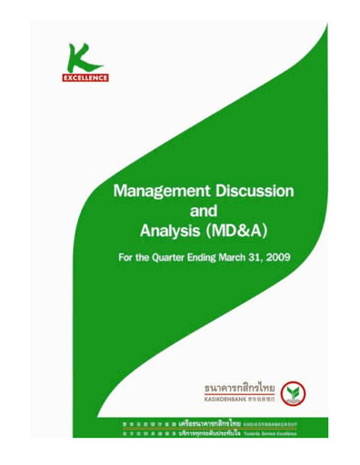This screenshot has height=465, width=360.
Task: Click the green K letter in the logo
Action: click(x=87, y=57)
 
